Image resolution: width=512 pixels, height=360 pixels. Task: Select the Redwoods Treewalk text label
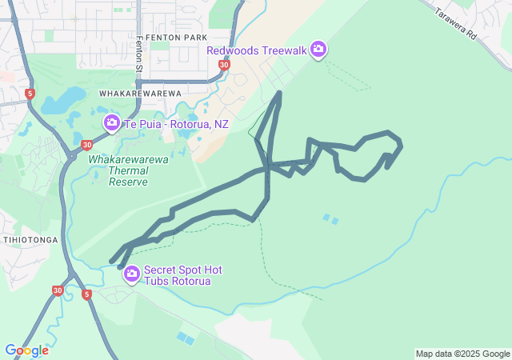(257, 50)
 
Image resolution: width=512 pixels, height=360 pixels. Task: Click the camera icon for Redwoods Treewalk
(318, 50)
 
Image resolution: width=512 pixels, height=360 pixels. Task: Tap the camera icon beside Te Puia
(112, 123)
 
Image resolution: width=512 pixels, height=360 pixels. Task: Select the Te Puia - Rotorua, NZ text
(176, 125)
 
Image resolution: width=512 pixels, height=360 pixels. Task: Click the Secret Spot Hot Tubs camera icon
(131, 274)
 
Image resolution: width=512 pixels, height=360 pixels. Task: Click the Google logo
(26, 350)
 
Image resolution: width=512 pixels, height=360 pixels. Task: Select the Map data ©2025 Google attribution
(462, 354)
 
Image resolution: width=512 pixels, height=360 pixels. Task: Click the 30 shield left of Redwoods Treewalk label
(223, 65)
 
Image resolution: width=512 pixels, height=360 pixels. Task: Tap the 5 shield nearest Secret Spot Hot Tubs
(86, 294)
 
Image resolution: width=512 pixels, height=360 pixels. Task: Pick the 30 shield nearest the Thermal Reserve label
(85, 145)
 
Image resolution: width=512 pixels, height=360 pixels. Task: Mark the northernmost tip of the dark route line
(278, 93)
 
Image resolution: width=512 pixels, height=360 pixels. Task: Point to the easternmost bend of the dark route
(400, 146)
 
